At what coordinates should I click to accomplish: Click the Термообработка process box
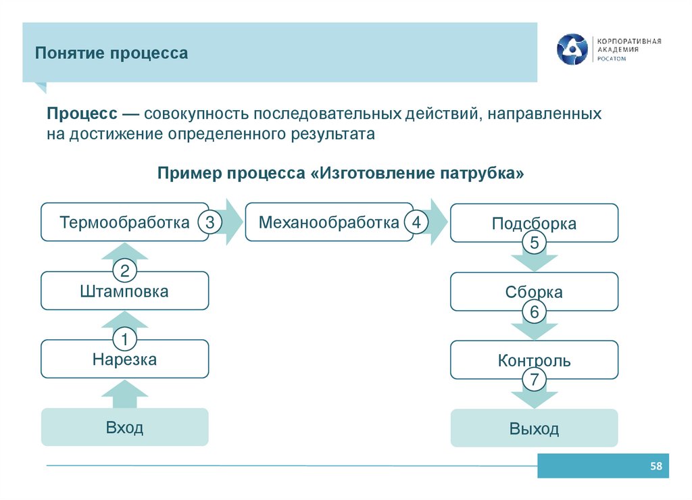(124, 222)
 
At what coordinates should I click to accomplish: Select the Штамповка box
(124, 292)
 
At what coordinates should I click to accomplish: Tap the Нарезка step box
(124, 359)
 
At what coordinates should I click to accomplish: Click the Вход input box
(124, 427)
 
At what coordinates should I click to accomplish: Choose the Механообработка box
(328, 222)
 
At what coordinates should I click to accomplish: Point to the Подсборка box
(534, 223)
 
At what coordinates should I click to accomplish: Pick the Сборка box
(534, 292)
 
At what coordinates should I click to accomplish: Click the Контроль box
(534, 360)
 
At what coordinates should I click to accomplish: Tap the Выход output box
(534, 428)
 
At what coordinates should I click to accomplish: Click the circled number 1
(124, 339)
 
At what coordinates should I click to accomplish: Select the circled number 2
(124, 272)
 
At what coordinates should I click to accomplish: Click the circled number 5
(534, 244)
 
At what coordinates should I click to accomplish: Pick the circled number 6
(534, 312)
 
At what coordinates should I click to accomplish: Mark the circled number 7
(534, 380)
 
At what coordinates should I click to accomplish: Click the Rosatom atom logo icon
(572, 49)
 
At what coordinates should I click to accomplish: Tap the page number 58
(656, 466)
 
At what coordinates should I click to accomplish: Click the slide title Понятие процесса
(112, 53)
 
